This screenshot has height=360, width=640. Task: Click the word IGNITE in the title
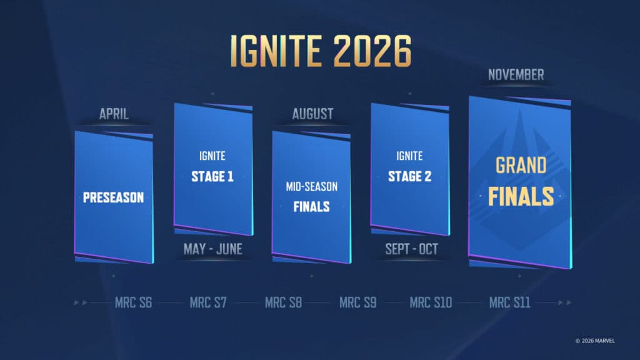tap(274, 51)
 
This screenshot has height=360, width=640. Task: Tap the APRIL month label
tap(114, 114)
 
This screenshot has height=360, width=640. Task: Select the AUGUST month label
tap(312, 114)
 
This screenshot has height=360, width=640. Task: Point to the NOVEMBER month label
tap(516, 75)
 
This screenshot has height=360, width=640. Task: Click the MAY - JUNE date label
tap(212, 249)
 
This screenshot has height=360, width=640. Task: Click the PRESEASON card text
tap(113, 197)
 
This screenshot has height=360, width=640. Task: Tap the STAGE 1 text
tap(212, 176)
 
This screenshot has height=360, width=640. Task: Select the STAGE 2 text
tap(409, 176)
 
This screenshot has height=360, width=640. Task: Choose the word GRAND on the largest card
tap(521, 166)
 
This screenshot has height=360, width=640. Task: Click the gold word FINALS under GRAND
tap(521, 196)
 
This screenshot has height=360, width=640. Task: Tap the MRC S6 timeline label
tap(133, 303)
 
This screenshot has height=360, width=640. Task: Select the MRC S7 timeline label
tap(208, 303)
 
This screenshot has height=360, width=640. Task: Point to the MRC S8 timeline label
tap(283, 303)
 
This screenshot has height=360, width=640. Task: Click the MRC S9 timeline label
tap(357, 303)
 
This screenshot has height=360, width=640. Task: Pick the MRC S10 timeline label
tap(431, 303)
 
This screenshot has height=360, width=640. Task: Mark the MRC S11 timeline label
tap(509, 303)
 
